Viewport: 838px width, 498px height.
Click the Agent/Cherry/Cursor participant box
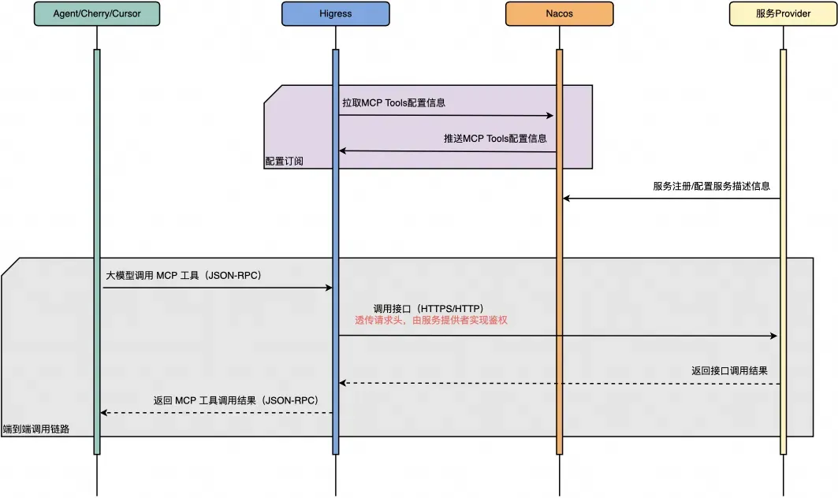(97, 13)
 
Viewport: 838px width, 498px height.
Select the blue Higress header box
(335, 13)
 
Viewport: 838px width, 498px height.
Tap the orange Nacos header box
(559, 13)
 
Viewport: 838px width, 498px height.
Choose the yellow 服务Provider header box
(783, 13)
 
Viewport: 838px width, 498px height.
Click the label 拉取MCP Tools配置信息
(398, 103)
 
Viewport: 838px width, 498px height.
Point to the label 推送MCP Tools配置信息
(495, 139)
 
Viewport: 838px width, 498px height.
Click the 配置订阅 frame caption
(285, 162)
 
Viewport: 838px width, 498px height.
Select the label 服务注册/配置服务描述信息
(711, 187)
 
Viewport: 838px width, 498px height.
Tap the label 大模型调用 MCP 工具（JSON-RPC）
(184, 277)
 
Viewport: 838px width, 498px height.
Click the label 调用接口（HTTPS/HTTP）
(428, 308)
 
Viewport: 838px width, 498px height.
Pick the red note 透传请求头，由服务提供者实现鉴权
(438, 321)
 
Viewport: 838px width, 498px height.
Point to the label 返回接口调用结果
(729, 370)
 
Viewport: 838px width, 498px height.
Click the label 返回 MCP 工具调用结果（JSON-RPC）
(236, 400)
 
